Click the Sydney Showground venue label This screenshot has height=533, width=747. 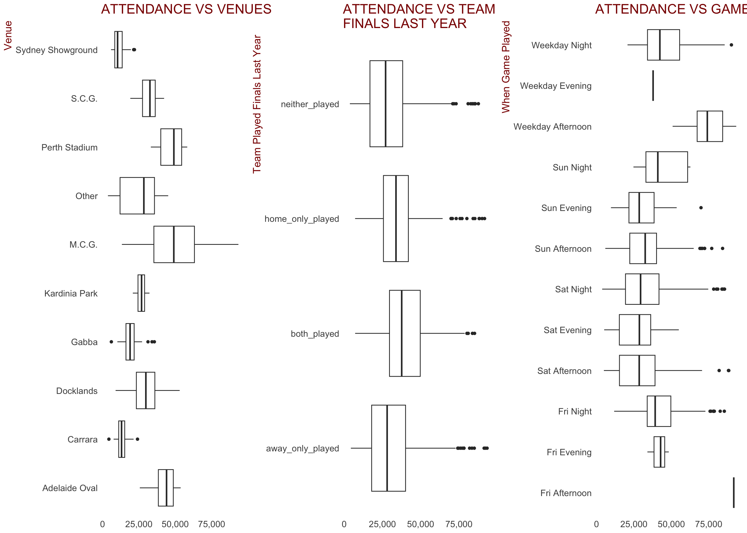(56, 50)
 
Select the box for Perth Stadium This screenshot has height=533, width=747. (171, 147)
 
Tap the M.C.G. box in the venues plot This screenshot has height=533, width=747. (174, 244)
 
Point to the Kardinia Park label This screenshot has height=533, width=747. (71, 293)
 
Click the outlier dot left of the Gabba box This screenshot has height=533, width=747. (111, 342)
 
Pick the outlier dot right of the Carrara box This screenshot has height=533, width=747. (137, 439)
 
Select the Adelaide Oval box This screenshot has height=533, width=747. (166, 488)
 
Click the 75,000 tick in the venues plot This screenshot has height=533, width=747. (211, 524)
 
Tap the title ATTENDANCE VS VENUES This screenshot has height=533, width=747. (186, 9)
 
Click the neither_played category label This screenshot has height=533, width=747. (310, 104)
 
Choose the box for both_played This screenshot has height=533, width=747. (405, 333)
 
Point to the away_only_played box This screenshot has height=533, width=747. (388, 448)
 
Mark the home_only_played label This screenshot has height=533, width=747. (302, 219)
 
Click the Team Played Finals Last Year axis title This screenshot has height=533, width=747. (257, 104)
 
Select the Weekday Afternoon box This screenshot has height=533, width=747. (709, 126)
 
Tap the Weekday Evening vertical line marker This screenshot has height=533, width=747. (653, 86)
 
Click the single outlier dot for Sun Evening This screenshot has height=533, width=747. (701, 208)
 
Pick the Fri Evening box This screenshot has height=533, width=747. (659, 452)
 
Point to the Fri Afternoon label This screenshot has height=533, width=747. (566, 493)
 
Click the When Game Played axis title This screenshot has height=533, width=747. (506, 67)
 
